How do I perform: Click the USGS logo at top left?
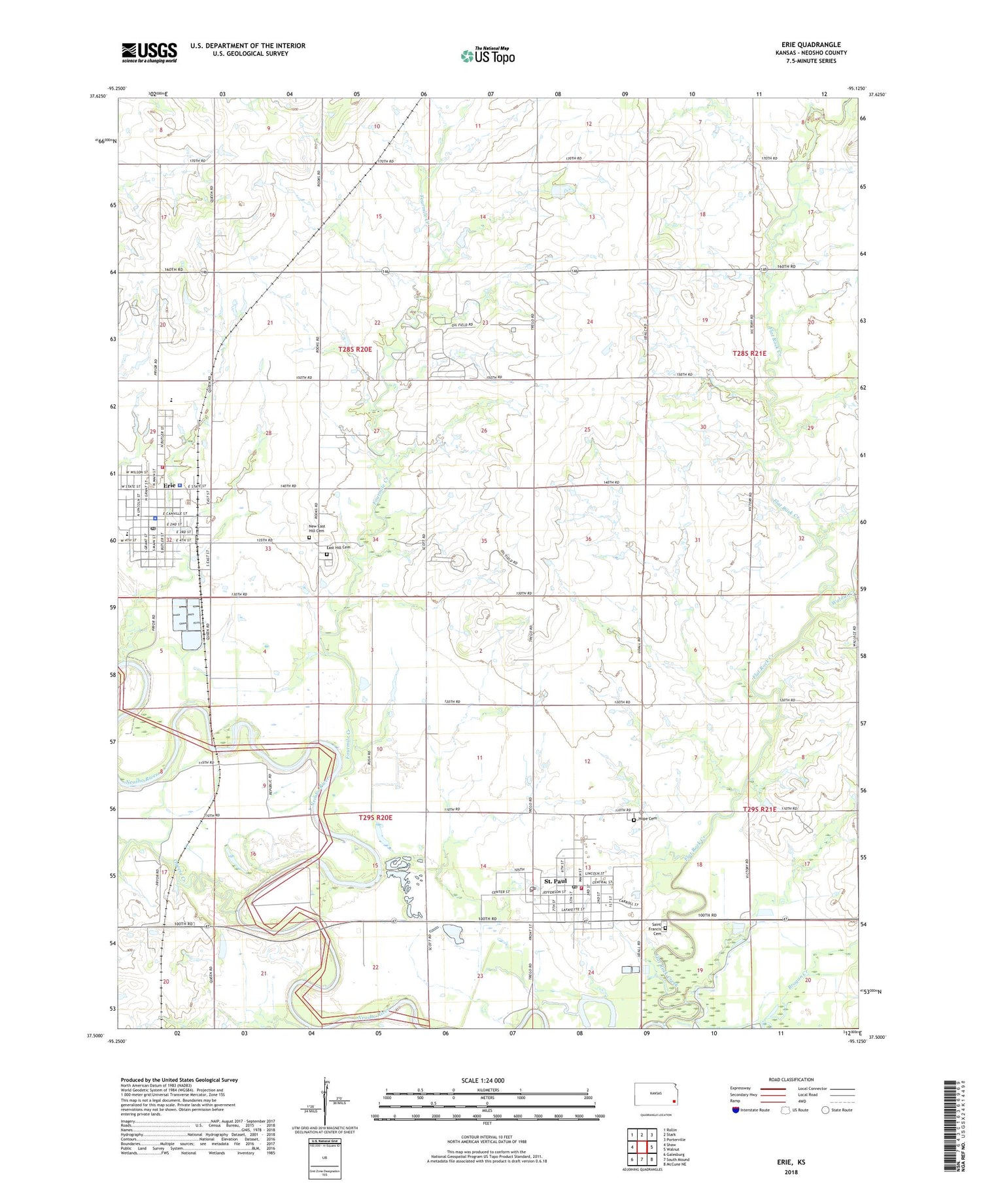tap(149, 52)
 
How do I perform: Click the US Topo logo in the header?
tap(487, 56)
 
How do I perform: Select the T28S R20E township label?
tap(355, 349)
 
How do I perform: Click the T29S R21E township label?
tap(759, 810)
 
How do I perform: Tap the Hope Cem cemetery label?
tap(647, 818)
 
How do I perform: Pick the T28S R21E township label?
tap(749, 353)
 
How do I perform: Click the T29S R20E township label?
tap(375, 818)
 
